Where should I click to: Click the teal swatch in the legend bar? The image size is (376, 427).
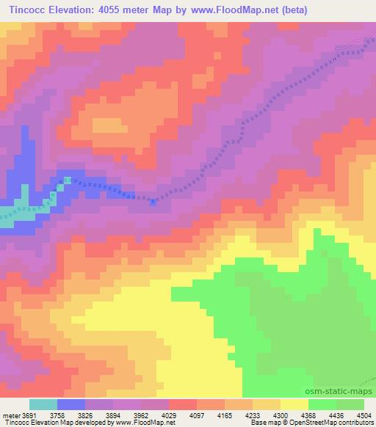(x=43, y=404)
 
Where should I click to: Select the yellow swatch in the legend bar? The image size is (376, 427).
(x=294, y=404)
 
